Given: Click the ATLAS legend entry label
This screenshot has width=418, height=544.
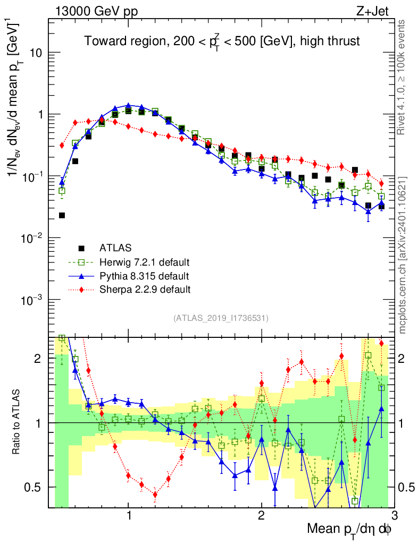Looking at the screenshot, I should click(115, 248).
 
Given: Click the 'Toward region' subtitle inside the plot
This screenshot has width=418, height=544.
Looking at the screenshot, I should click(222, 41).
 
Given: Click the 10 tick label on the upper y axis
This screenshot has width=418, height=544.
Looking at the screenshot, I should click(36, 53).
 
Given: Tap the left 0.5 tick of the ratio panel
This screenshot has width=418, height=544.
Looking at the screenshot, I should click(37, 487).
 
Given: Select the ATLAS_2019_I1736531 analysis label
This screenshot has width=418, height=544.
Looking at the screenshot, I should click(221, 318).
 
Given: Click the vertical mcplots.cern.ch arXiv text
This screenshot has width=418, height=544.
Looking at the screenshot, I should click(403, 255).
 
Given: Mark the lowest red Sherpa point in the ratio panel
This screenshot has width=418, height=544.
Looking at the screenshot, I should click(155, 495).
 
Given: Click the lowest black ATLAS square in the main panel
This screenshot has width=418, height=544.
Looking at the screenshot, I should click(62, 215).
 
